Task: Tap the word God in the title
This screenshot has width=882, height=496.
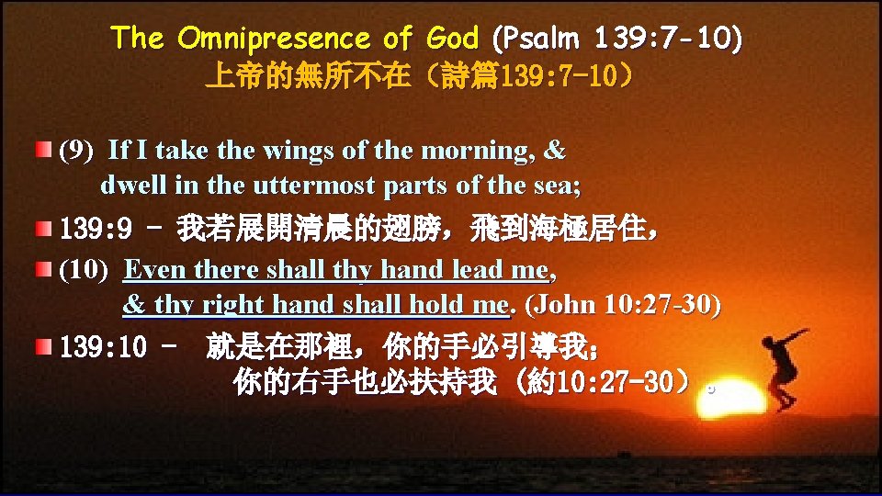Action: click(453, 39)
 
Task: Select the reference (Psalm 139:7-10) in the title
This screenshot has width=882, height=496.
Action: click(618, 39)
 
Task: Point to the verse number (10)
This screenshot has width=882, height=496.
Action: click(84, 270)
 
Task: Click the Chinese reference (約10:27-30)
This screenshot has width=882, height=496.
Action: click(602, 381)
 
